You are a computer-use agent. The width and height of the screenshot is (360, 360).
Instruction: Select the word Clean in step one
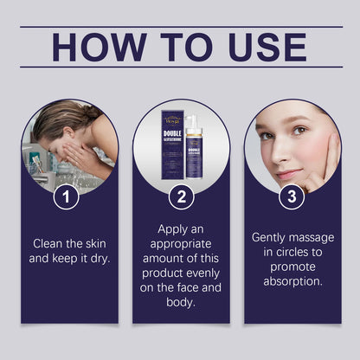click(x=50, y=244)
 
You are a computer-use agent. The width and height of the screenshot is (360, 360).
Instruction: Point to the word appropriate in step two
click(x=180, y=244)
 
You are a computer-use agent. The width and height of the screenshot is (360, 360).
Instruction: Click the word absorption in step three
click(x=292, y=280)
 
